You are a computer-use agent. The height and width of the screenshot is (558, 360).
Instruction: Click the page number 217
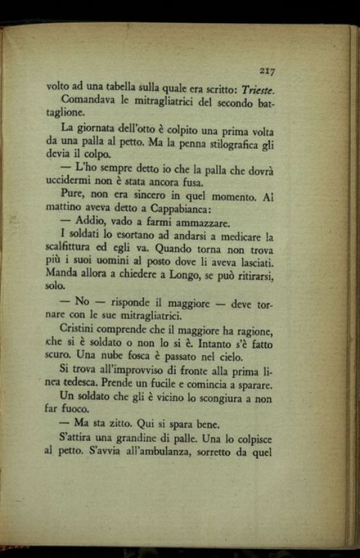[266, 71]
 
